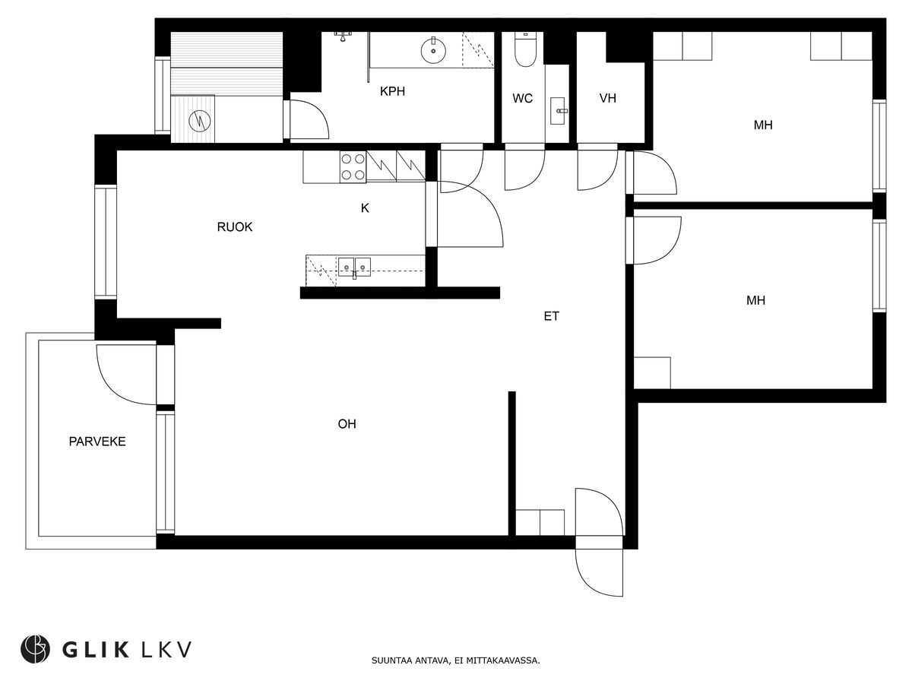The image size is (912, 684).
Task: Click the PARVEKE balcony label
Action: coord(97,441)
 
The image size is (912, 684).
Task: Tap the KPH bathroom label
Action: coord(392,92)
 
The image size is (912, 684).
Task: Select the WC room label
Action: coord(522,99)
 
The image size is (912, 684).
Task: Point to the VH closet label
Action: coord(607,99)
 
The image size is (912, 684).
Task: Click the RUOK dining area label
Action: coord(234,226)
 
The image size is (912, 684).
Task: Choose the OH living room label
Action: coord(347,424)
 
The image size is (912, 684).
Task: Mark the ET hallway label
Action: coord(551,316)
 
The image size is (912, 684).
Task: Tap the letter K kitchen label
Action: coord(365,207)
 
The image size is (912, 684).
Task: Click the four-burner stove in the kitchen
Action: coord(352,167)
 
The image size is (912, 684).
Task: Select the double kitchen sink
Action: coord(355,266)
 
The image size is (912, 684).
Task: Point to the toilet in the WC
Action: coord(525,50)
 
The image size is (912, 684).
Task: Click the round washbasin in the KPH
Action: coord(433,51)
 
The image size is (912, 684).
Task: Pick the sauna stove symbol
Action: coord(199,119)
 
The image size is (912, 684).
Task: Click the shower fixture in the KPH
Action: coord(344,35)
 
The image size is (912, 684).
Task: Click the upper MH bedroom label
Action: coord(763,125)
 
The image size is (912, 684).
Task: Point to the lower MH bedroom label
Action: coord(755,301)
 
